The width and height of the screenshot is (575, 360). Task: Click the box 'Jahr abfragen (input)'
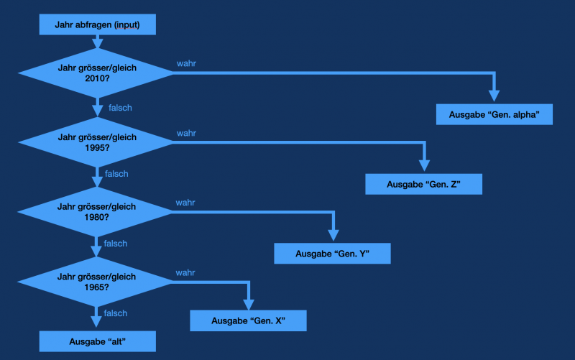[97, 25]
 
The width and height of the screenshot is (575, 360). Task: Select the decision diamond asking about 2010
[97, 73]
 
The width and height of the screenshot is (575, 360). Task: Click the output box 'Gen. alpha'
[494, 114]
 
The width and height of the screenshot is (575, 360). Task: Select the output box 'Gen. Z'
[423, 184]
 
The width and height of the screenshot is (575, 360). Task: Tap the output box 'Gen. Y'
[332, 254]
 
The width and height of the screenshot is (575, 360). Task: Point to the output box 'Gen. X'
[248, 320]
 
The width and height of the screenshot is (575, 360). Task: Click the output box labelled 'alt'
[97, 341]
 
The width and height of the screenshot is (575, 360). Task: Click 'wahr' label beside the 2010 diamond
[187, 63]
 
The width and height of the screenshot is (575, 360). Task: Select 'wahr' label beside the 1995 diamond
[186, 133]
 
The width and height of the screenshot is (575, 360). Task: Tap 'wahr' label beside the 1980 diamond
[185, 203]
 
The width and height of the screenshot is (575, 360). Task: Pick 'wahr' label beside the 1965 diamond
[185, 272]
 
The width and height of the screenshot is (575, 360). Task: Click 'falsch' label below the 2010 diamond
[120, 108]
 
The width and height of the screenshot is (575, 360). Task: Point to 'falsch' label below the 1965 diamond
[116, 313]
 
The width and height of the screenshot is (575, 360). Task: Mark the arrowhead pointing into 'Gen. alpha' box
[494, 96]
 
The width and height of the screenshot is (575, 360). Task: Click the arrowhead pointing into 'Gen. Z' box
[423, 166]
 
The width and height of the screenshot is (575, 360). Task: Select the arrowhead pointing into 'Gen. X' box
[248, 303]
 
